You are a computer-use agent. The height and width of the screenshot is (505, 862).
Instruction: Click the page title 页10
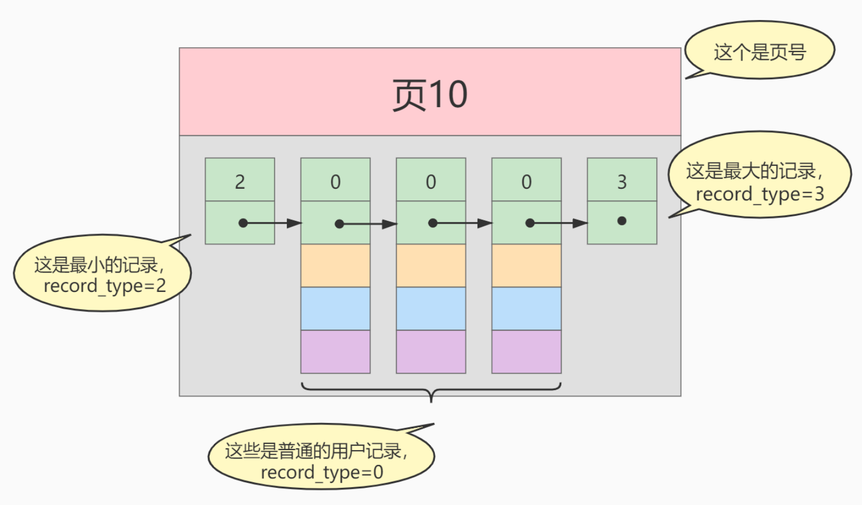pos(430,94)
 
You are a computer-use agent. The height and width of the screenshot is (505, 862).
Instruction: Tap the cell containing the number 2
pos(240,180)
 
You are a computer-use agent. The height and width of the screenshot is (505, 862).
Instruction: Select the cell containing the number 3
pos(622,180)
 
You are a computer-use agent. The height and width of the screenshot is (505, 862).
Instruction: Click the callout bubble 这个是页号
pos(759,52)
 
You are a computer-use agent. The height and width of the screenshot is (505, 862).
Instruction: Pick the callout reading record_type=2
pos(103,274)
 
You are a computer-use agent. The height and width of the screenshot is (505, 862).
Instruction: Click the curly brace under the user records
pos(431,390)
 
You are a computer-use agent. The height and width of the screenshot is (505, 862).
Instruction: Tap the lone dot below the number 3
pos(622,221)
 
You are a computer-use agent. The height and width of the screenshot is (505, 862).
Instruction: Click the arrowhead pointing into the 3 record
pos(580,223)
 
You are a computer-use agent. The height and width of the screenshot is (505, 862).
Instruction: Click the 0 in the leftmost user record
pos(336,180)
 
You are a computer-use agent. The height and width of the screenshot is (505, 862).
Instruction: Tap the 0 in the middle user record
pos(431,180)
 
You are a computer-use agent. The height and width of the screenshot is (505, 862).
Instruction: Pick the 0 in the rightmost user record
pos(526,180)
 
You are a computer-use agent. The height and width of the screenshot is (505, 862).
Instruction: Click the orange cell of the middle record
pos(431,265)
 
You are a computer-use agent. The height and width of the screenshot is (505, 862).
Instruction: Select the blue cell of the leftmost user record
pos(336,309)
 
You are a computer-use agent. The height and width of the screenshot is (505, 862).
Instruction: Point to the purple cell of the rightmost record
pos(526,351)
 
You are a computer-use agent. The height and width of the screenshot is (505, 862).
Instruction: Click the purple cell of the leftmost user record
pos(336,351)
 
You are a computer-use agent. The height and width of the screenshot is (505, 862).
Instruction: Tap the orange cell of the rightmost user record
pos(526,265)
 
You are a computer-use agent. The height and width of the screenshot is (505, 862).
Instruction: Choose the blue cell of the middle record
pos(431,309)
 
